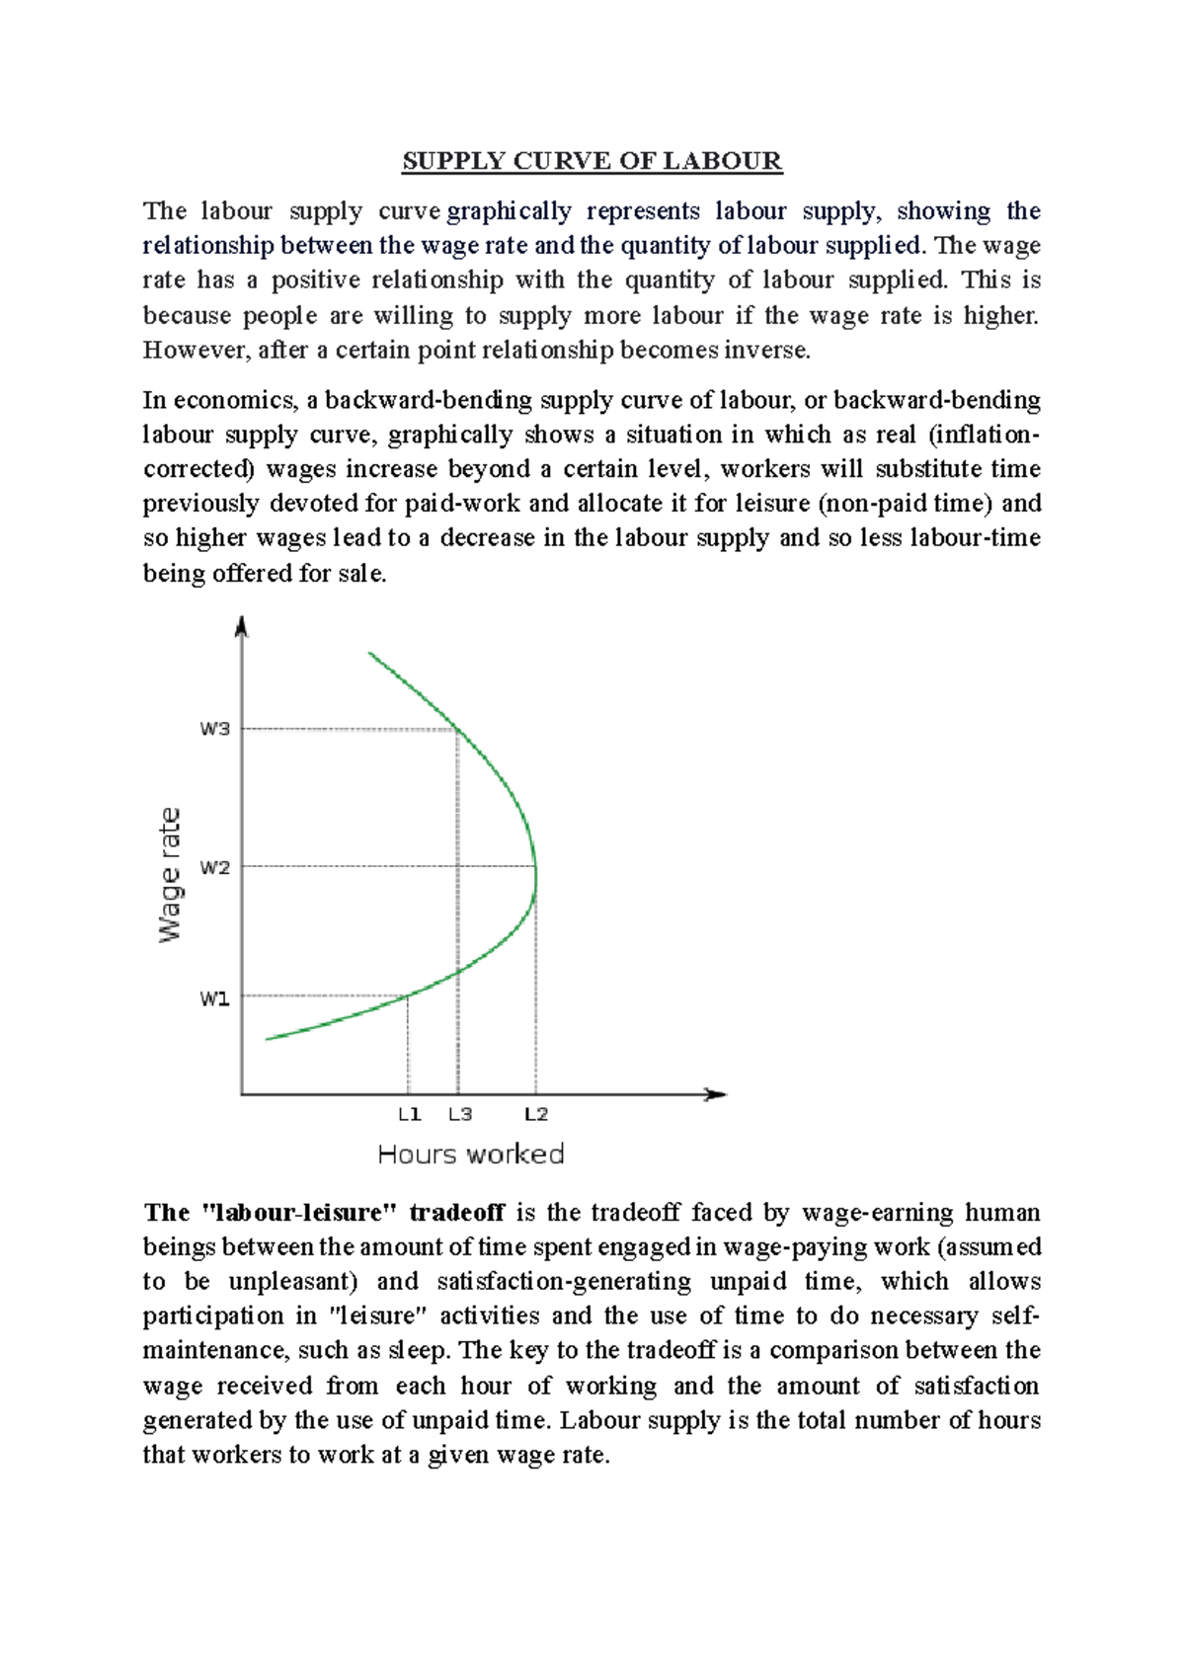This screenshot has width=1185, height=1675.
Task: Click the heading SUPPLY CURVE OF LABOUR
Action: tap(592, 161)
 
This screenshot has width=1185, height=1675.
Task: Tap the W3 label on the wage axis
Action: tap(214, 729)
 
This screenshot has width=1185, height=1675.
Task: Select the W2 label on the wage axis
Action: tap(214, 867)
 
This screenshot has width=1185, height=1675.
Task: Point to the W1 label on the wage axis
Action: tap(214, 998)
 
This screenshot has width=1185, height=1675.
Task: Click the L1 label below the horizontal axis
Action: tap(410, 1114)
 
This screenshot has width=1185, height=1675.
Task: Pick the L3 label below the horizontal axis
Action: tap(460, 1114)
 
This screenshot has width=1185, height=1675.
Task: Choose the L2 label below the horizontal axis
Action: tap(536, 1114)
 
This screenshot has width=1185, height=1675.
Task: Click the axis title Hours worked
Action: tap(471, 1154)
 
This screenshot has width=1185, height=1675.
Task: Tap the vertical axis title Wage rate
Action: tap(171, 875)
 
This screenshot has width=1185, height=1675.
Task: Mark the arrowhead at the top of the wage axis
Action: tap(242, 625)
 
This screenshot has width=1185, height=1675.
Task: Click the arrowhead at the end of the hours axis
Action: tap(717, 1094)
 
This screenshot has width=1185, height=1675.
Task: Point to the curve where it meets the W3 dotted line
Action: tap(458, 730)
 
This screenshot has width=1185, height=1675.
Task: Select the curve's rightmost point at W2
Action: tap(536, 867)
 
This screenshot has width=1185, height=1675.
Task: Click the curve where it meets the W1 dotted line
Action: tap(409, 996)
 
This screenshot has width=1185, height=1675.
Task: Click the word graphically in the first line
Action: tap(510, 211)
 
